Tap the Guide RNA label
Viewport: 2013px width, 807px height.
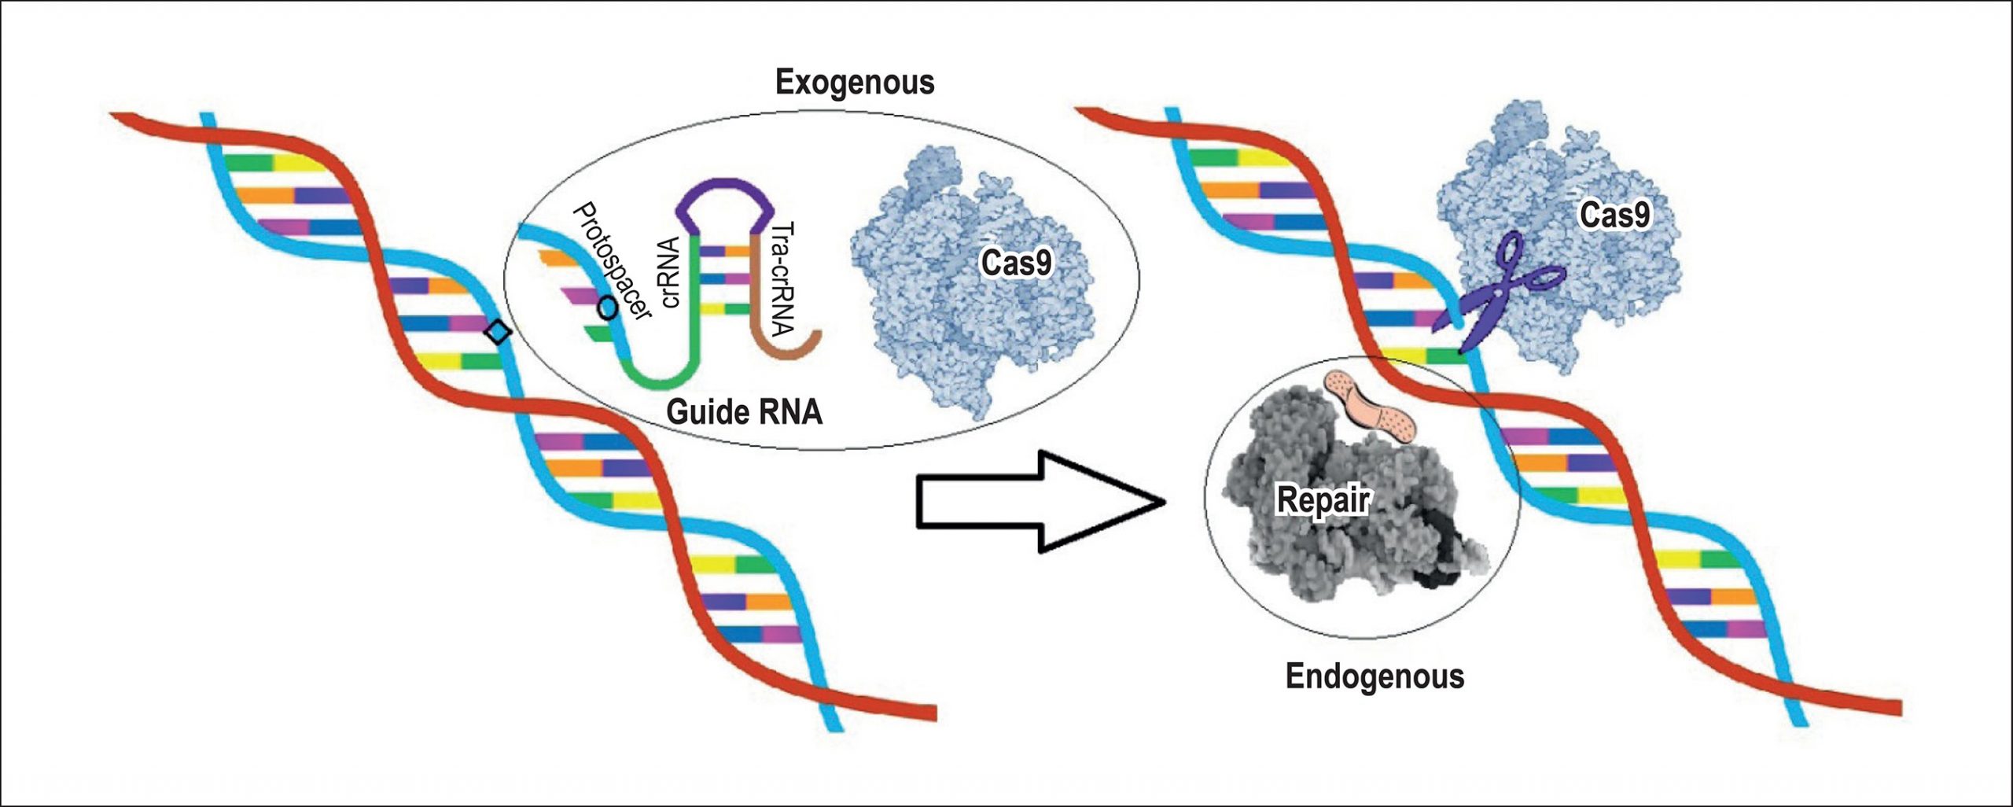pos(744,412)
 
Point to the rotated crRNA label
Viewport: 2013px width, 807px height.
pos(670,272)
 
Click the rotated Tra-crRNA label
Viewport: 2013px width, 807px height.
pos(783,278)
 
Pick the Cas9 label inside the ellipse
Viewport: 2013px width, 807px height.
pos(1016,263)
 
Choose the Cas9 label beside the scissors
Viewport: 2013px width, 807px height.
pos(1614,215)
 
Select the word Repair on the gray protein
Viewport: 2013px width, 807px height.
pos(1323,499)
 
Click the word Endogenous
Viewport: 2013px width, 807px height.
pos(1375,676)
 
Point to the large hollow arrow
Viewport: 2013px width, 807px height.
pos(1038,501)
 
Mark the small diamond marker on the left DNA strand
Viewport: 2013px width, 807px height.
pos(497,333)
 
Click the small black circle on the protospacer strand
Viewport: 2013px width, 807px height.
pos(607,308)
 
